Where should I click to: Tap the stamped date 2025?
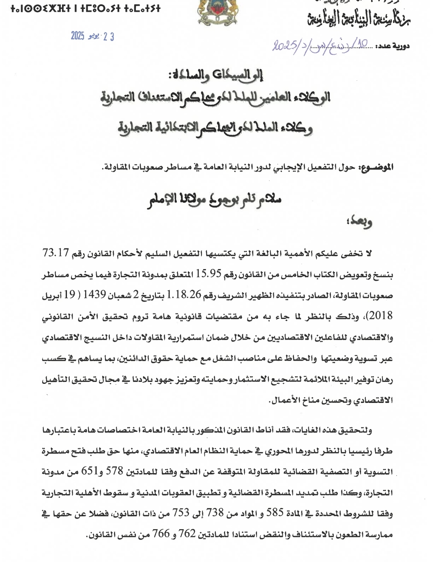coord(77,37)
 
